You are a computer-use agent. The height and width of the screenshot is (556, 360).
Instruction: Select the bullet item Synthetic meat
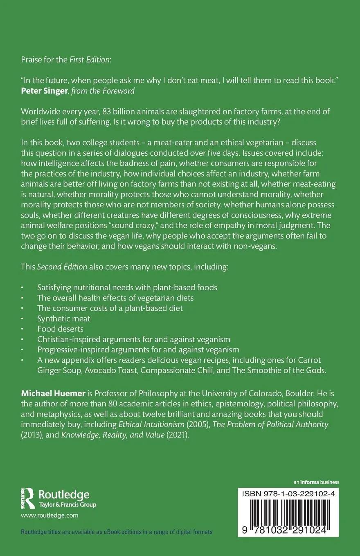63,318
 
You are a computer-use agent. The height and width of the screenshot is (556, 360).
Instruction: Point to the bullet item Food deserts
60,329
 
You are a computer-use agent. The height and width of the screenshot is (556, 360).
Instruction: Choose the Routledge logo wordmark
63,495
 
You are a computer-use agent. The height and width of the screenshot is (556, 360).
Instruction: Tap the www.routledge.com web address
49,516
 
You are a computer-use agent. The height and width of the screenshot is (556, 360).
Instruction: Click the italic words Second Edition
62,267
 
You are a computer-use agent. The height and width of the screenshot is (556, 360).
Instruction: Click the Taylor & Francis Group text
67,504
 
